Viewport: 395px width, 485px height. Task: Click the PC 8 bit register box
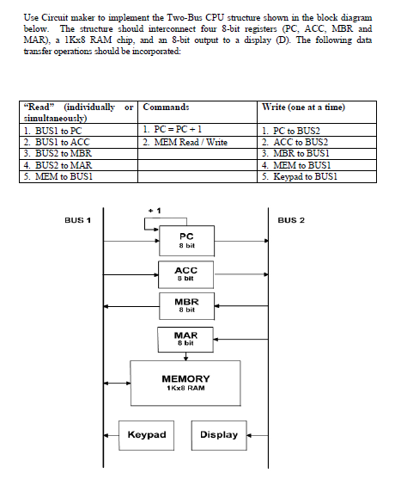(185, 240)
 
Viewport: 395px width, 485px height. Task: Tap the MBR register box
(185, 306)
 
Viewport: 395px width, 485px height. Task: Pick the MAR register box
(185, 339)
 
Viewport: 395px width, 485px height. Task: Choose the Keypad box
(146, 435)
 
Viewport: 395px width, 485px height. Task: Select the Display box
(219, 435)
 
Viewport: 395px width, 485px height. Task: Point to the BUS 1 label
(78, 221)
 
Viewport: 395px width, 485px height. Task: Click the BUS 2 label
(291, 221)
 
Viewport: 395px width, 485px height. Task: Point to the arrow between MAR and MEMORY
(185, 355)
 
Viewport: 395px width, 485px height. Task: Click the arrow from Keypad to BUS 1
(112, 435)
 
